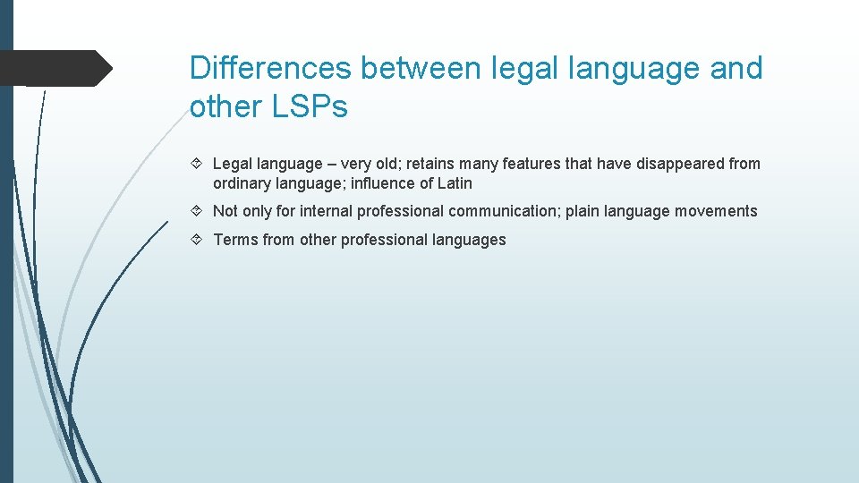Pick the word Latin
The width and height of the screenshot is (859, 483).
[x=454, y=183]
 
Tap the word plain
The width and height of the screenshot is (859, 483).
[x=583, y=211]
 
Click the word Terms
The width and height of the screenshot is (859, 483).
[x=234, y=240]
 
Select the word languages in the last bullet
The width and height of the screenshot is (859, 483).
[x=471, y=240]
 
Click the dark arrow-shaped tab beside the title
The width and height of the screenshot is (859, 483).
[x=54, y=68]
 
